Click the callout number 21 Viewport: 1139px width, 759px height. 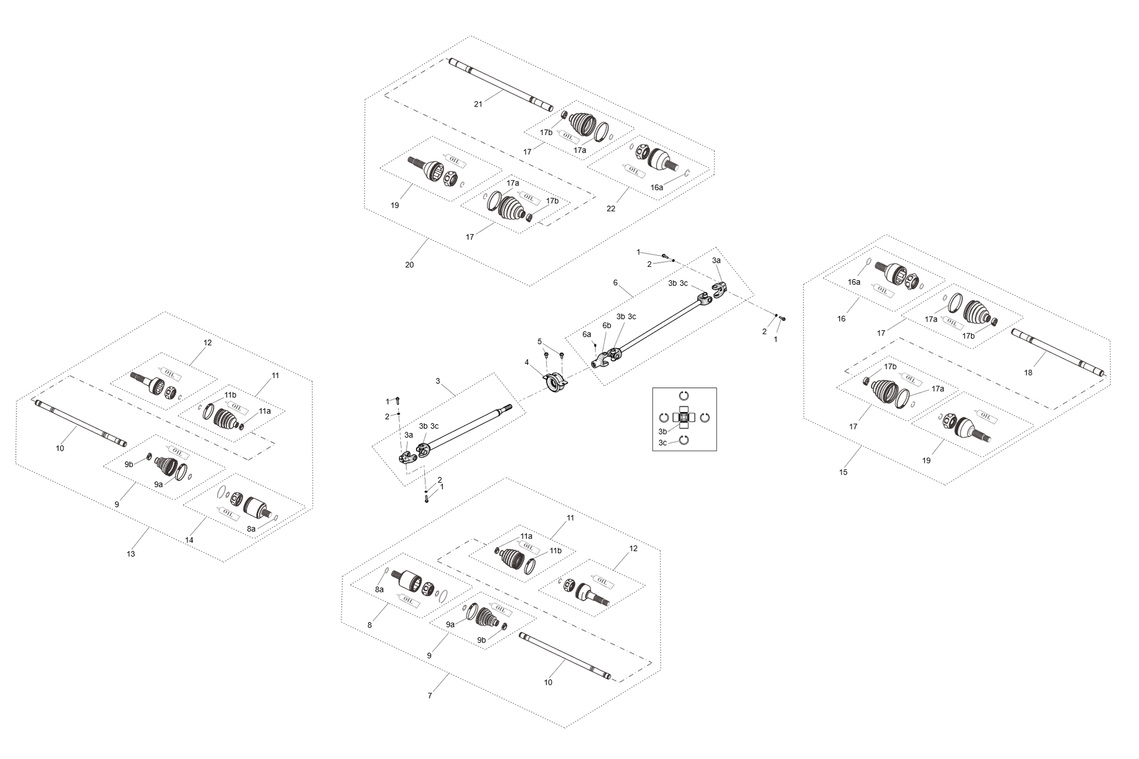click(x=478, y=104)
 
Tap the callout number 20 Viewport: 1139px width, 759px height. click(x=410, y=265)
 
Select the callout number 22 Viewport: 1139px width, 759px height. click(x=611, y=209)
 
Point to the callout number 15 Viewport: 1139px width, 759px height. click(x=843, y=472)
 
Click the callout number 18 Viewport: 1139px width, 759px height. click(x=1028, y=373)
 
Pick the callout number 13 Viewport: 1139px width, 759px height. click(x=131, y=554)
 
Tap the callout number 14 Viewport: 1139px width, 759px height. click(x=190, y=540)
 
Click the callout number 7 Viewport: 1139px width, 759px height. click(x=430, y=696)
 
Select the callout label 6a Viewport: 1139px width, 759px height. click(x=586, y=334)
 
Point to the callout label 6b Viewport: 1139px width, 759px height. click(x=607, y=325)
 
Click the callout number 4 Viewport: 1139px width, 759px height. click(x=527, y=362)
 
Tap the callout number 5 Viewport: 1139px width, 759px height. click(x=540, y=341)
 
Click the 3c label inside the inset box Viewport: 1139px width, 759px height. click(x=663, y=443)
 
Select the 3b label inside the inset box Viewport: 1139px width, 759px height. click(x=663, y=431)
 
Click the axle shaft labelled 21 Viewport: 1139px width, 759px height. click(x=501, y=85)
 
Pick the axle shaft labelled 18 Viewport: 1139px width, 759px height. click(x=1058, y=353)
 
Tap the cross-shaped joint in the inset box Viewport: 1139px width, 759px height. click(x=683, y=417)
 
